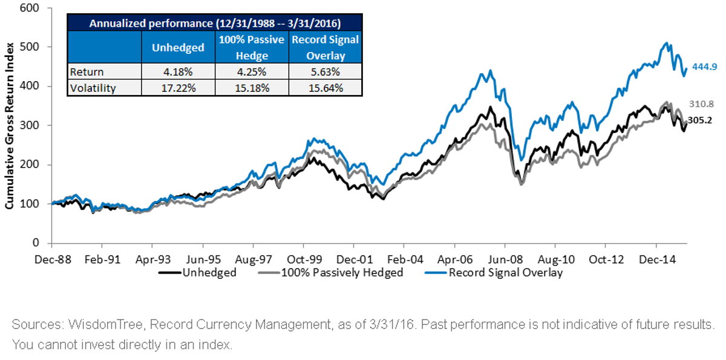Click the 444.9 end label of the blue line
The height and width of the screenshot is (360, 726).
[x=705, y=67]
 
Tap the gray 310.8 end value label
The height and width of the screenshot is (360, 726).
[x=701, y=104]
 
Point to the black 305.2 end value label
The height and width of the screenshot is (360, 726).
[x=700, y=120]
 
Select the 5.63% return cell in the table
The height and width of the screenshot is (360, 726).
[x=325, y=71]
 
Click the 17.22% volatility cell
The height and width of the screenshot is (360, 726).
[x=178, y=88]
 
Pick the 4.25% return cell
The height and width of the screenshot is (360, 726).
[x=252, y=71]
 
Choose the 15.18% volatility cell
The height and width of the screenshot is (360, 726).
[x=252, y=88]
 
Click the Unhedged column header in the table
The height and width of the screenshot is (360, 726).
[x=178, y=48]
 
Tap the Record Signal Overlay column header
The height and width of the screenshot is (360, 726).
[x=325, y=47]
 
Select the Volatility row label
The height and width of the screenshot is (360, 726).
[x=93, y=88]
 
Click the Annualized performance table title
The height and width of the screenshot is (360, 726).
[x=215, y=24]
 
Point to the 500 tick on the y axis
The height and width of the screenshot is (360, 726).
[x=30, y=47]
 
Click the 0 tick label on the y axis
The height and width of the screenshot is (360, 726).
[x=36, y=243]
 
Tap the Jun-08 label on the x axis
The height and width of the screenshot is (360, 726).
[x=505, y=259]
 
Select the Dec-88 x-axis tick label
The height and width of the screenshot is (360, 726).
[x=53, y=259]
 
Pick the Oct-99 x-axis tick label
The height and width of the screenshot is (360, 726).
[x=304, y=259]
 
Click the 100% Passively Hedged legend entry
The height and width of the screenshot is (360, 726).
[x=330, y=272]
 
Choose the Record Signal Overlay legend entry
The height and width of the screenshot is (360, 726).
[x=494, y=272]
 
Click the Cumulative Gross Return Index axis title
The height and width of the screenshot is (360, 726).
[x=9, y=126]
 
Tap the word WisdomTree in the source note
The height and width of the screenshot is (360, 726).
[x=105, y=324]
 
